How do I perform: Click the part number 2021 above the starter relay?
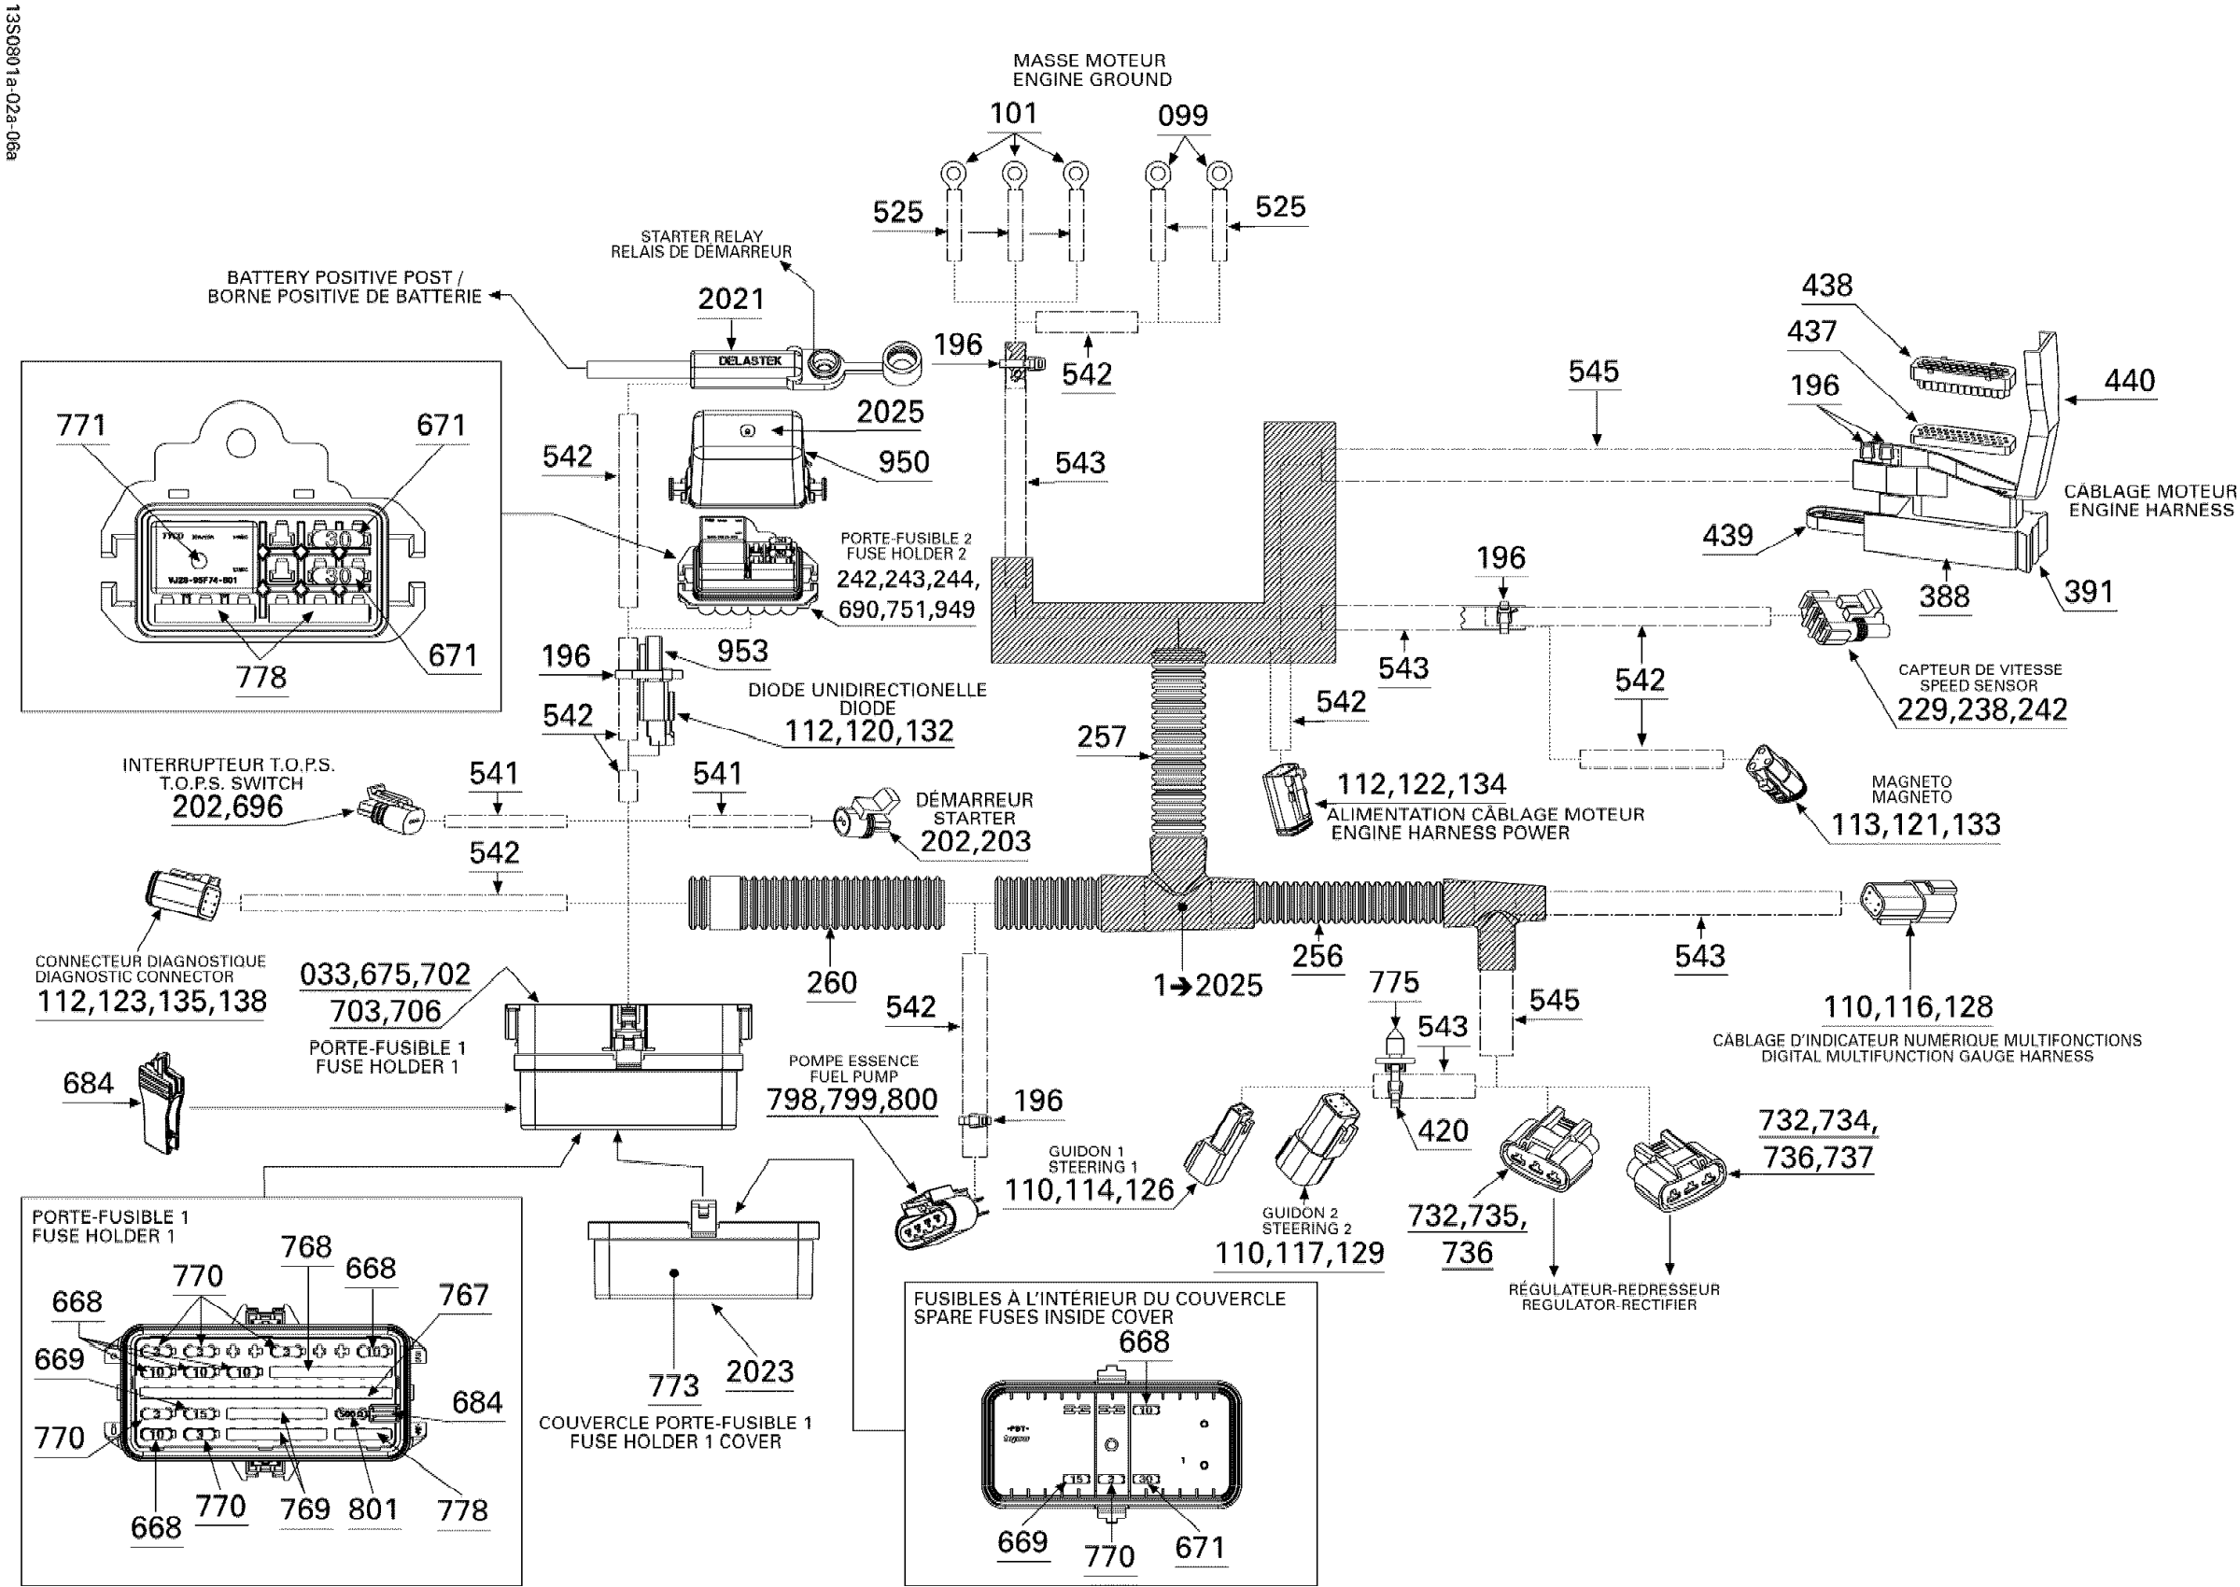point(730,299)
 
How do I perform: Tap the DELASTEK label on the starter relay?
point(750,360)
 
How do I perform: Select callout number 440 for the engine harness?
point(2129,380)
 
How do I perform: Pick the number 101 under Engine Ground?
point(1013,113)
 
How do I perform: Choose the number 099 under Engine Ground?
point(1182,117)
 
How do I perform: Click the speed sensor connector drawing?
point(1842,618)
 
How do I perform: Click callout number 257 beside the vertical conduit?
point(1102,737)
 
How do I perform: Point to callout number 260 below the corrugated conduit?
point(831,982)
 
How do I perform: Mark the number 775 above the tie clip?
point(1394,982)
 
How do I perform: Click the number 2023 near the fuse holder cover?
point(759,1371)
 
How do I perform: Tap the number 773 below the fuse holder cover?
point(673,1385)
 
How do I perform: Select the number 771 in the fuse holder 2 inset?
point(81,425)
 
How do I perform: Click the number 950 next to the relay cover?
point(903,462)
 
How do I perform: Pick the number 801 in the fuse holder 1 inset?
point(373,1510)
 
